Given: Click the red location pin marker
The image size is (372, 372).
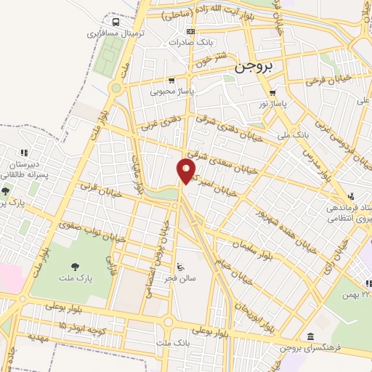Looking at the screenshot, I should point(187,171).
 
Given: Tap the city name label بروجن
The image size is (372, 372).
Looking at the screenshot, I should point(254,67).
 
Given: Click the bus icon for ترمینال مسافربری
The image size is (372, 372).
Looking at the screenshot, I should point(109,22).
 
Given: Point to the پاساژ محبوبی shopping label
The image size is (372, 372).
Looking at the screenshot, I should point(170,92).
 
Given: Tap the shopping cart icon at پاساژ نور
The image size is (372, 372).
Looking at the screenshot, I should point(272,93).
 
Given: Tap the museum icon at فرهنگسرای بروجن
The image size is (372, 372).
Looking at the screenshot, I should point(311,336).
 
